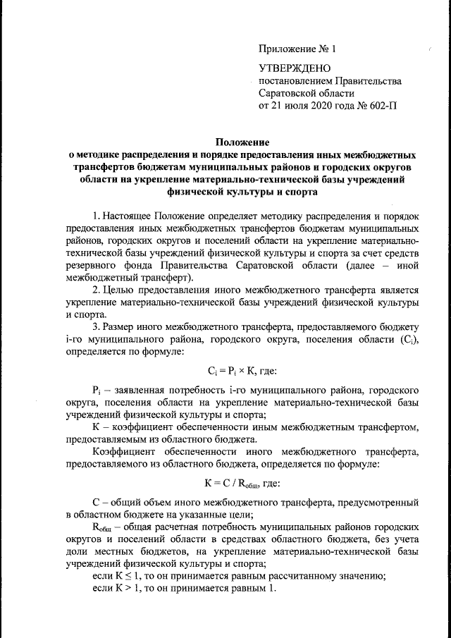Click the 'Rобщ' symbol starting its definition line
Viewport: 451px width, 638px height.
tap(103, 527)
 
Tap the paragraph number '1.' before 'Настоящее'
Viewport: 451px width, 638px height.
tap(98, 214)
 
